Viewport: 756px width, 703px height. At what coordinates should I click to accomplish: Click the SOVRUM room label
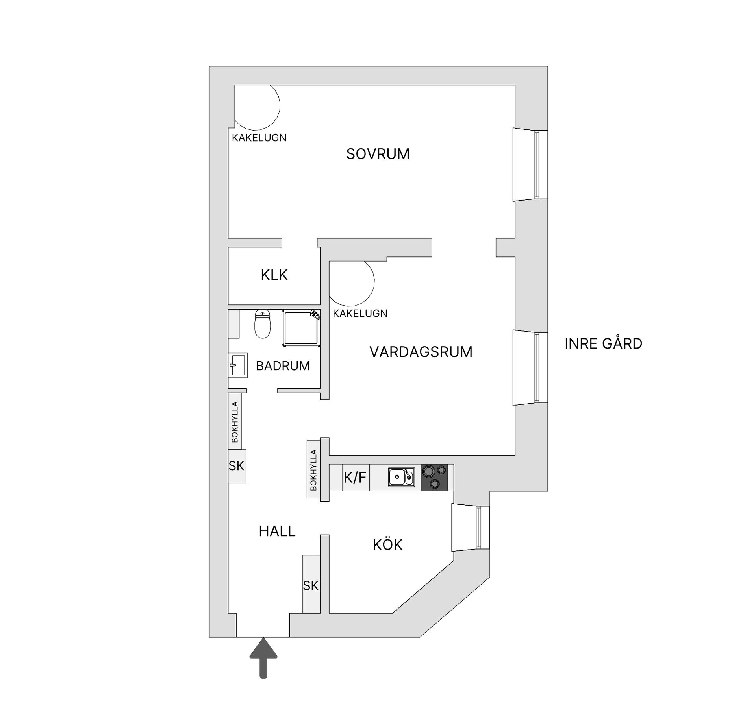378,154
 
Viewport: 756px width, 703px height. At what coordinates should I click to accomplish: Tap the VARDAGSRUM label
421,352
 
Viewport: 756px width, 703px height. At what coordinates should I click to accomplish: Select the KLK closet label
274,275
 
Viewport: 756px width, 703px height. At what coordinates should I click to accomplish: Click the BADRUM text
283,366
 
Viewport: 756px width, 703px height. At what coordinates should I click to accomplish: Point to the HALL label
277,531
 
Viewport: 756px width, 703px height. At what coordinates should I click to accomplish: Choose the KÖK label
387,545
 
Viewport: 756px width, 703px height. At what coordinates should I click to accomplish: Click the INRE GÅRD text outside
603,344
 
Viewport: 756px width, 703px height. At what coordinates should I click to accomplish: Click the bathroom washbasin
238,365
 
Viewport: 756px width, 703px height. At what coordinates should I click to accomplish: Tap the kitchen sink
401,477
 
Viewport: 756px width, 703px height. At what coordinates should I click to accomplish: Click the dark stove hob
434,477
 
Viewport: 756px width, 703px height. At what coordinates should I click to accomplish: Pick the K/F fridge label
355,478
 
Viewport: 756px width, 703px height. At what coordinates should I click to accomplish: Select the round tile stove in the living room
352,283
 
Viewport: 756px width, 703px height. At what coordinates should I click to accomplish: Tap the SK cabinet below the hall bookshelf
237,466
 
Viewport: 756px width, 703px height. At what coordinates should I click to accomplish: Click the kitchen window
471,527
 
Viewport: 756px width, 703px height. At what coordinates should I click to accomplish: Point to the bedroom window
530,164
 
